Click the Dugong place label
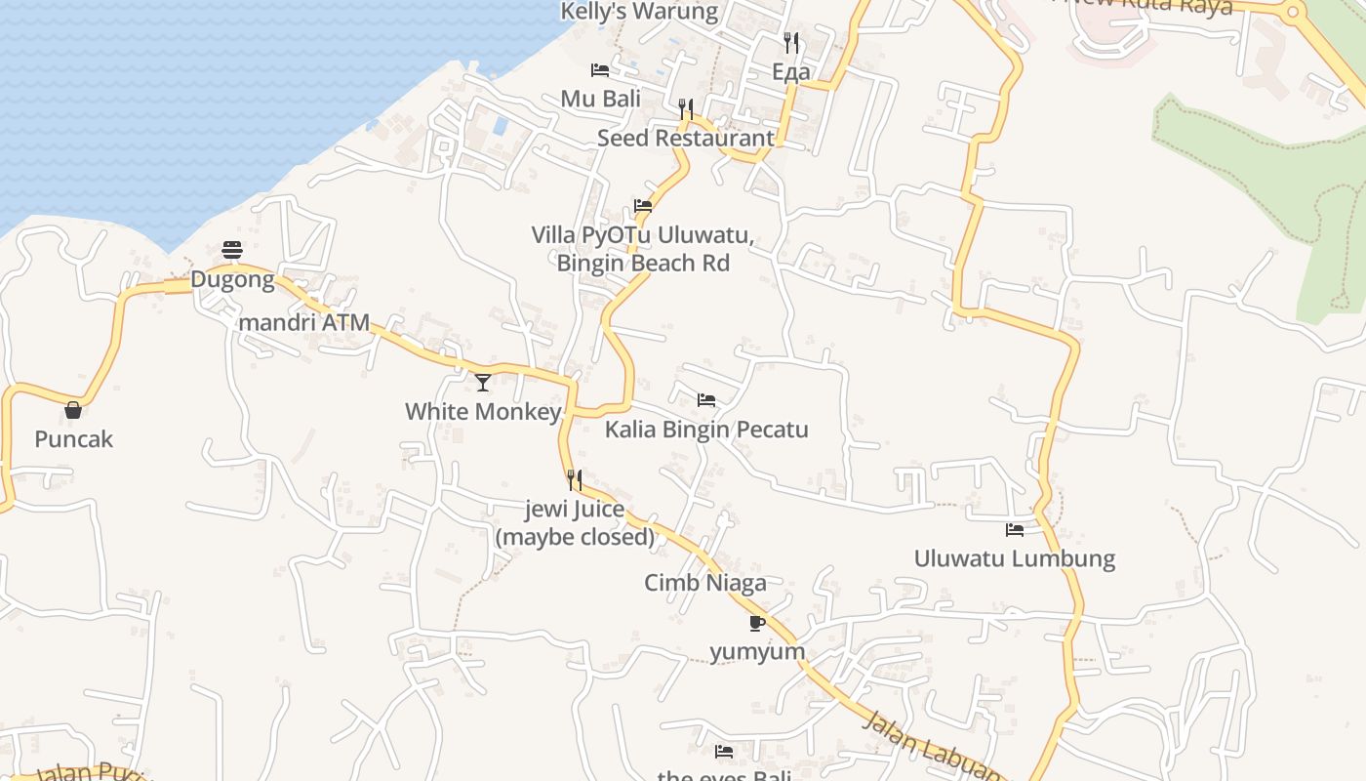pyautogui.click(x=232, y=280)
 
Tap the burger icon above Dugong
pyautogui.click(x=232, y=251)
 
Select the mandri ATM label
pyautogui.click(x=304, y=322)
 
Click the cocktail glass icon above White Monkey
pyautogui.click(x=483, y=382)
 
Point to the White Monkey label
pyautogui.click(x=483, y=411)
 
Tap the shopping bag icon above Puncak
pyautogui.click(x=73, y=410)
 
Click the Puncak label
pyautogui.click(x=73, y=439)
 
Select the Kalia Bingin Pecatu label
pyautogui.click(x=706, y=430)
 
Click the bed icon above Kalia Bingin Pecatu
pyautogui.click(x=706, y=400)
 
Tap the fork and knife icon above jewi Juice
pyautogui.click(x=575, y=480)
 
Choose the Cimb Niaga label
pyautogui.click(x=705, y=583)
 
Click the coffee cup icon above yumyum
pyautogui.click(x=757, y=623)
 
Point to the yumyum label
pyautogui.click(x=757, y=651)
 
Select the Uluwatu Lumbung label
pyautogui.click(x=1015, y=558)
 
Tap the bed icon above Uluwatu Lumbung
pyautogui.click(x=1015, y=530)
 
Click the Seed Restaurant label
pyautogui.click(x=686, y=138)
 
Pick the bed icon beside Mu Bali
pyautogui.click(x=600, y=70)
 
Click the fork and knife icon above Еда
pyautogui.click(x=791, y=43)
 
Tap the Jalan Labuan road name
pyautogui.click(x=932, y=747)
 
